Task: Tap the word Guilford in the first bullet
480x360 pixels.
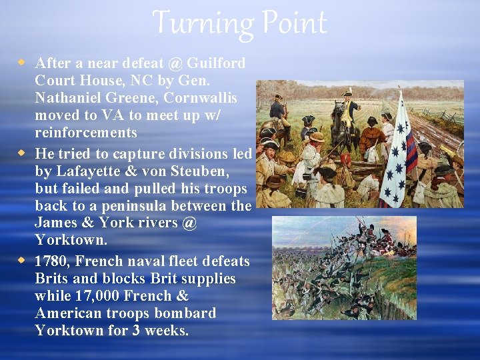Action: click(216, 63)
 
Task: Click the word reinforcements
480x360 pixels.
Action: click(86, 133)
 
